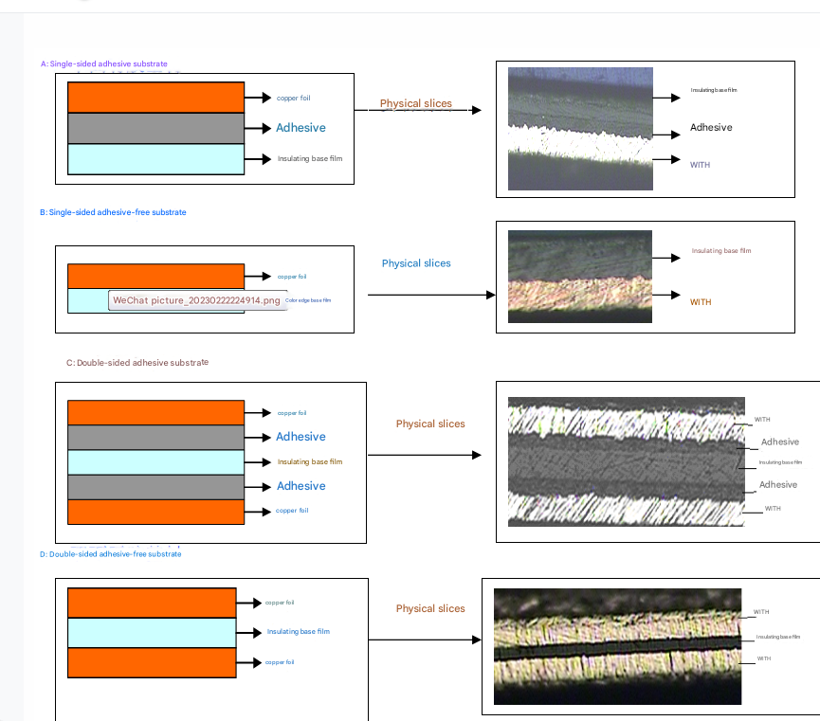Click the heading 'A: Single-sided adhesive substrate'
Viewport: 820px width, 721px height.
(103, 63)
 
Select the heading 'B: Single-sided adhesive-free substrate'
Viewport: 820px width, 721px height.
(113, 212)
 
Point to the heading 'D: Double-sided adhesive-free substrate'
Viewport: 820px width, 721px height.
(110, 554)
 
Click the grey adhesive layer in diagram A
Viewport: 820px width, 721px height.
(156, 128)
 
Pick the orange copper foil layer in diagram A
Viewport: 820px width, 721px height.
(156, 98)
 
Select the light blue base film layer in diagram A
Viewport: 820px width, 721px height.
(156, 158)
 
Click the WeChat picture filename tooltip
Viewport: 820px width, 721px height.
(197, 300)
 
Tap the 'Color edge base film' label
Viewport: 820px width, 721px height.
(308, 300)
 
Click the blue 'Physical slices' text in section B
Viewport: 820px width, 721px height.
(416, 263)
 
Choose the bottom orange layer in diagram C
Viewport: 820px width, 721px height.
(156, 511)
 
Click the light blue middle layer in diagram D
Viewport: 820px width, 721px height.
(152, 632)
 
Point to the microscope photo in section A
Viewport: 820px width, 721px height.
(580, 129)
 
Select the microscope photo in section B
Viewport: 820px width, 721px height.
(580, 276)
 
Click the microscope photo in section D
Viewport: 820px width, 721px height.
(616, 646)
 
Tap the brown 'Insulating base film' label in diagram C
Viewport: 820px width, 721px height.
(309, 462)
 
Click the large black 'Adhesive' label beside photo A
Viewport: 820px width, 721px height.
(711, 128)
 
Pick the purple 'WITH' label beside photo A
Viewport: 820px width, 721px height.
(700, 165)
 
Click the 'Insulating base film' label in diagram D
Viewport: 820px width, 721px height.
(298, 632)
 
